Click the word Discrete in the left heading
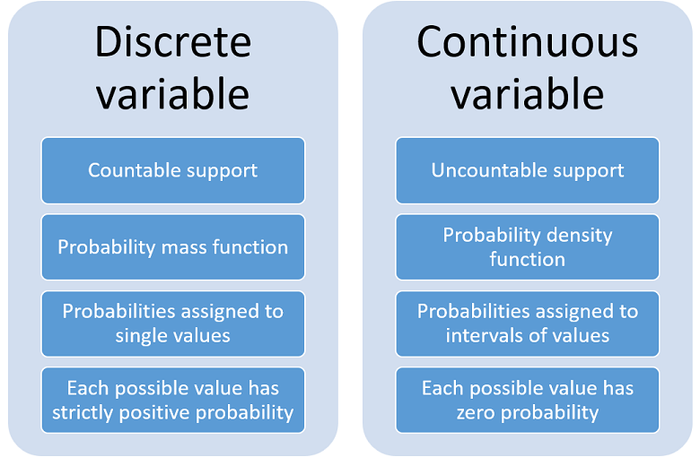172,42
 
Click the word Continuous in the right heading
528,42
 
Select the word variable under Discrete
172,94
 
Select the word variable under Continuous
528,94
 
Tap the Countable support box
172,170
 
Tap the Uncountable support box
528,170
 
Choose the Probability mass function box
172,247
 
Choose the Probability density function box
528,247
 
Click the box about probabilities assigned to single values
172,323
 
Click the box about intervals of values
528,323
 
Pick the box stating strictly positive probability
172,401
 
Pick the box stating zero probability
528,401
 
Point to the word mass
177,247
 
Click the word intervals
481,336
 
